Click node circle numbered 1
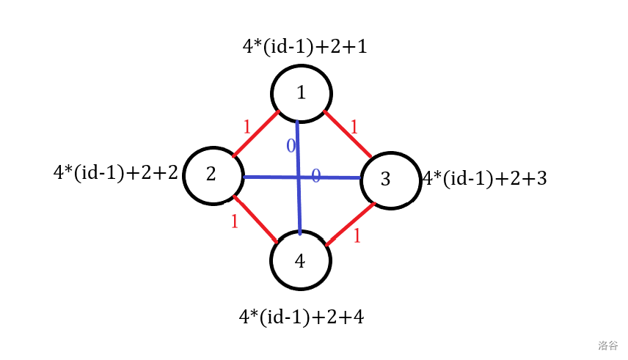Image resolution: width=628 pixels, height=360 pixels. (x=302, y=93)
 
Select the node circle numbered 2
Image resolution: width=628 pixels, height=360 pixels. (x=212, y=175)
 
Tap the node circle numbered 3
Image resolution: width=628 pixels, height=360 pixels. (x=388, y=180)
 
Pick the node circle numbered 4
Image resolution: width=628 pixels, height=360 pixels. (x=301, y=261)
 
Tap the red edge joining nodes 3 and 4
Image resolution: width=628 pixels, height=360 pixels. (x=351, y=222)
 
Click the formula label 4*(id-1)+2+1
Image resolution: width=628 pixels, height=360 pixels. (x=304, y=48)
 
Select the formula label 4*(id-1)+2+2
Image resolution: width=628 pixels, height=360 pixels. (x=116, y=173)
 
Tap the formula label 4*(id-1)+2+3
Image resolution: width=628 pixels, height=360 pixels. (x=485, y=178)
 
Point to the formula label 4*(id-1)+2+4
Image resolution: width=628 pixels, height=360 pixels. (x=302, y=317)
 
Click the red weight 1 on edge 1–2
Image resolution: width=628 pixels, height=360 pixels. (x=247, y=127)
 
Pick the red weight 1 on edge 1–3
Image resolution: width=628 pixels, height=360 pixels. (x=354, y=127)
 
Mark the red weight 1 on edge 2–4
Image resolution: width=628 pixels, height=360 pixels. (x=234, y=221)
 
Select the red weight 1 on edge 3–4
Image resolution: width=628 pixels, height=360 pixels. (x=357, y=236)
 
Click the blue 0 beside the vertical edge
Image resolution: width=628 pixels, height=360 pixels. (x=291, y=146)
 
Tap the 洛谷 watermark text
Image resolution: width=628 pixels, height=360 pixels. (x=607, y=345)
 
